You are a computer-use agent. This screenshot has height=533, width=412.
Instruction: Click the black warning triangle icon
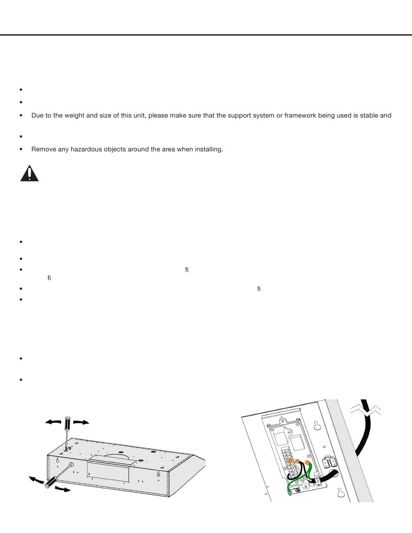[x=29, y=173]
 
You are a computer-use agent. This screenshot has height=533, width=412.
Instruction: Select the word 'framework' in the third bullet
[x=298, y=116]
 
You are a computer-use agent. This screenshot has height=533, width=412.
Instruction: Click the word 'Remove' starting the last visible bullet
[x=42, y=150]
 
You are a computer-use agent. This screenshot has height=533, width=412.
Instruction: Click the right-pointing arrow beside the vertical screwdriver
[x=82, y=422]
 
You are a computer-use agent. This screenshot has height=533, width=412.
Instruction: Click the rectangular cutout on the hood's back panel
[x=108, y=472]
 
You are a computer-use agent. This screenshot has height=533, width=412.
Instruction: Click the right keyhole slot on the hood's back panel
[x=159, y=474]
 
